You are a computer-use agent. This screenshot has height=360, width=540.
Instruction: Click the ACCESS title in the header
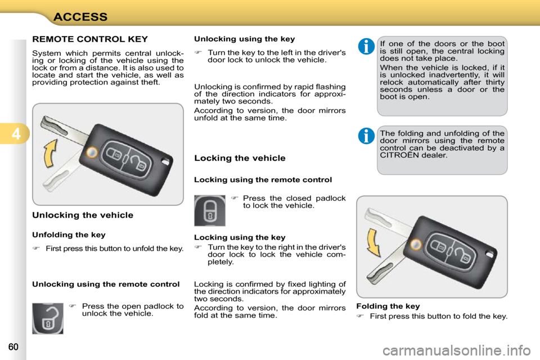80,16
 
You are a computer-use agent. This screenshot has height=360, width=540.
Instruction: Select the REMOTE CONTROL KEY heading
90,39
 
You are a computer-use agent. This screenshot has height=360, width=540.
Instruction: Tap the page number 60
14,347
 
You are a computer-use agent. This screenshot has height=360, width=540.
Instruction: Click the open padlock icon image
48,318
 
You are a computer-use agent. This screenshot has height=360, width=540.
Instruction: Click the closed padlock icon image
209,210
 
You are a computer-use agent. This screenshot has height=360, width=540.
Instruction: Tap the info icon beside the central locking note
365,46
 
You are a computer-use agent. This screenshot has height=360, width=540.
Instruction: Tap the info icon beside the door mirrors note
365,136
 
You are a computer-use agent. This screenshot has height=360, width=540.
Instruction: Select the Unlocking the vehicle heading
83,215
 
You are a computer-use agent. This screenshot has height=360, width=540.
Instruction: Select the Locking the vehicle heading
240,158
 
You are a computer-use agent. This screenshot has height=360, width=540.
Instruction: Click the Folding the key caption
388,307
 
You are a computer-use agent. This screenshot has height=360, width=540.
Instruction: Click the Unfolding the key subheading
69,235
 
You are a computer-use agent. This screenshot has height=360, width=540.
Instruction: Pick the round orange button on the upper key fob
91,151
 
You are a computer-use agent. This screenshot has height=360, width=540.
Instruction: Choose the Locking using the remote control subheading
263,180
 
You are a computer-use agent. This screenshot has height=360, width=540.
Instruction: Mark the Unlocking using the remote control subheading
106,284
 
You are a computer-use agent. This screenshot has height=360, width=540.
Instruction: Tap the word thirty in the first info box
493,82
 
